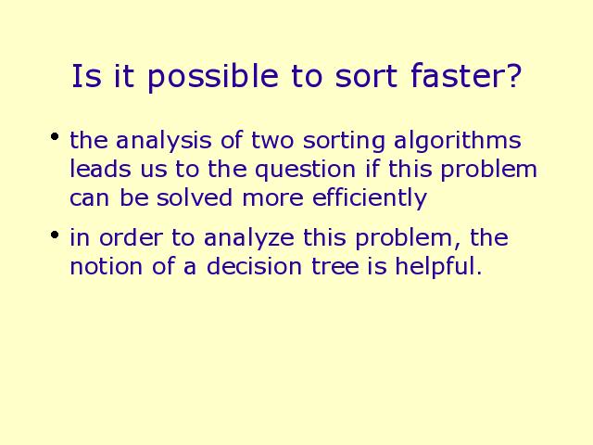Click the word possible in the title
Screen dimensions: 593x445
pos(213,78)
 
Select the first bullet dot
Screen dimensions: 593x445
pos(55,136)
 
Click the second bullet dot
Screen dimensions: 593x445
pos(55,235)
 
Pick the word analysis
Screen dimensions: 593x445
pos(163,141)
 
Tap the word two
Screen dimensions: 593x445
pos(272,140)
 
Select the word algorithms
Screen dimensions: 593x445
pos(458,141)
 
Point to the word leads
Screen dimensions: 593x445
pos(100,169)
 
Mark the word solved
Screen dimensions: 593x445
pos(195,197)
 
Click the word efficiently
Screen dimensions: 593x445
pos(370,198)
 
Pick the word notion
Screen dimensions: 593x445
pos(107,266)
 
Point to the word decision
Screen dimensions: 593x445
pos(254,266)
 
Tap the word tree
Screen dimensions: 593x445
pos(335,267)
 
